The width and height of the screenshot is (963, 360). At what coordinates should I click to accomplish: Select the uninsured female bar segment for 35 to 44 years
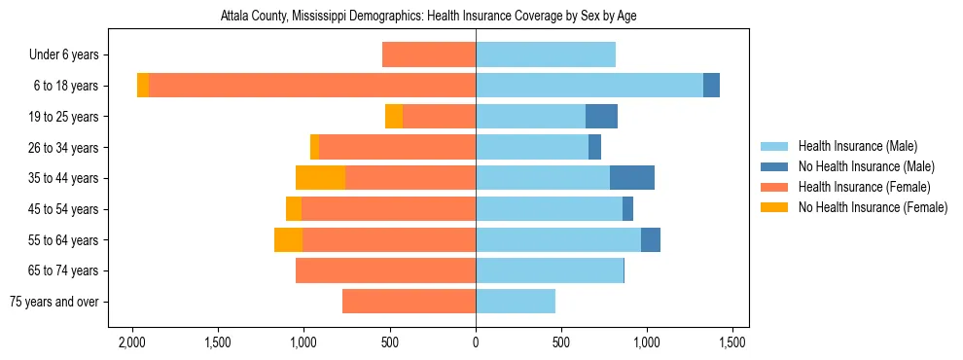(320, 178)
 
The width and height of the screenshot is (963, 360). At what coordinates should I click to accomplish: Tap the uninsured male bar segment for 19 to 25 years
(601, 117)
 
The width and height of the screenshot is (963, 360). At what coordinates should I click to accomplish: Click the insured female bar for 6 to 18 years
(311, 86)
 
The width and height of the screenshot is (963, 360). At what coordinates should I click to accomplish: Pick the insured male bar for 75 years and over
(516, 302)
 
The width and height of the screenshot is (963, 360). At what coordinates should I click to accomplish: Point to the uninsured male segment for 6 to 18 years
(711, 86)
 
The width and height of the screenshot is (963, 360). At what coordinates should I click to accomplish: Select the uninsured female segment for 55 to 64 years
(288, 240)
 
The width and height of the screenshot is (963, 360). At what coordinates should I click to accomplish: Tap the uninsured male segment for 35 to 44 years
(632, 178)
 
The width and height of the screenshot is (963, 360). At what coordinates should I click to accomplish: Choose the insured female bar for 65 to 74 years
(385, 270)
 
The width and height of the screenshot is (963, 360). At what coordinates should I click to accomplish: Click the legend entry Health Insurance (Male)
(857, 146)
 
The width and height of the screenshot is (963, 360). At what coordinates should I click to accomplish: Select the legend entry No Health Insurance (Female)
(873, 207)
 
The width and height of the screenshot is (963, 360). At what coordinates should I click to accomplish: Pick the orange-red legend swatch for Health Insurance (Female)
(774, 187)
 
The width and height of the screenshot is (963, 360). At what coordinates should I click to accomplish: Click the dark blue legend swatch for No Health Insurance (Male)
(774, 166)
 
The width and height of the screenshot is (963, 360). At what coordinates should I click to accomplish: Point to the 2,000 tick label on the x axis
(131, 342)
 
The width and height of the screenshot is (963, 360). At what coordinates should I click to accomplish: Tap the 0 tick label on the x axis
(476, 342)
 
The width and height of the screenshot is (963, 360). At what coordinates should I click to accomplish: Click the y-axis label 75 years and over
(53, 302)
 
